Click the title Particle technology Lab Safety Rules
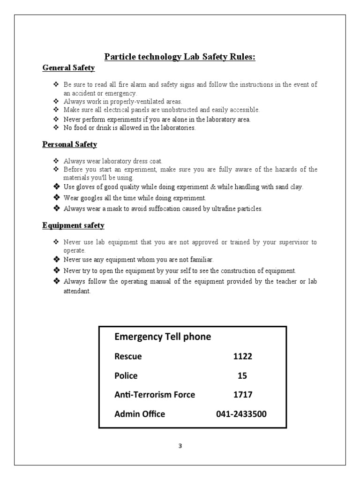(180, 57)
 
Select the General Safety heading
(68, 68)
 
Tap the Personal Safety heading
(69, 144)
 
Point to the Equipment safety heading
(73, 225)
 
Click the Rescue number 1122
(242, 356)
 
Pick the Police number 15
(242, 375)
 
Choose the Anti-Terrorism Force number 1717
(242, 395)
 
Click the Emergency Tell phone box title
(163, 337)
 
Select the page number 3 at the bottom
(180, 446)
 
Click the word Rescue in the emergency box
(128, 356)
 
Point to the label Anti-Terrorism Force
(155, 395)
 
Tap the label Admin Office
(140, 414)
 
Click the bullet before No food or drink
(57, 127)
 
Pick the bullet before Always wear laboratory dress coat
(57, 161)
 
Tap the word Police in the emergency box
(126, 375)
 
